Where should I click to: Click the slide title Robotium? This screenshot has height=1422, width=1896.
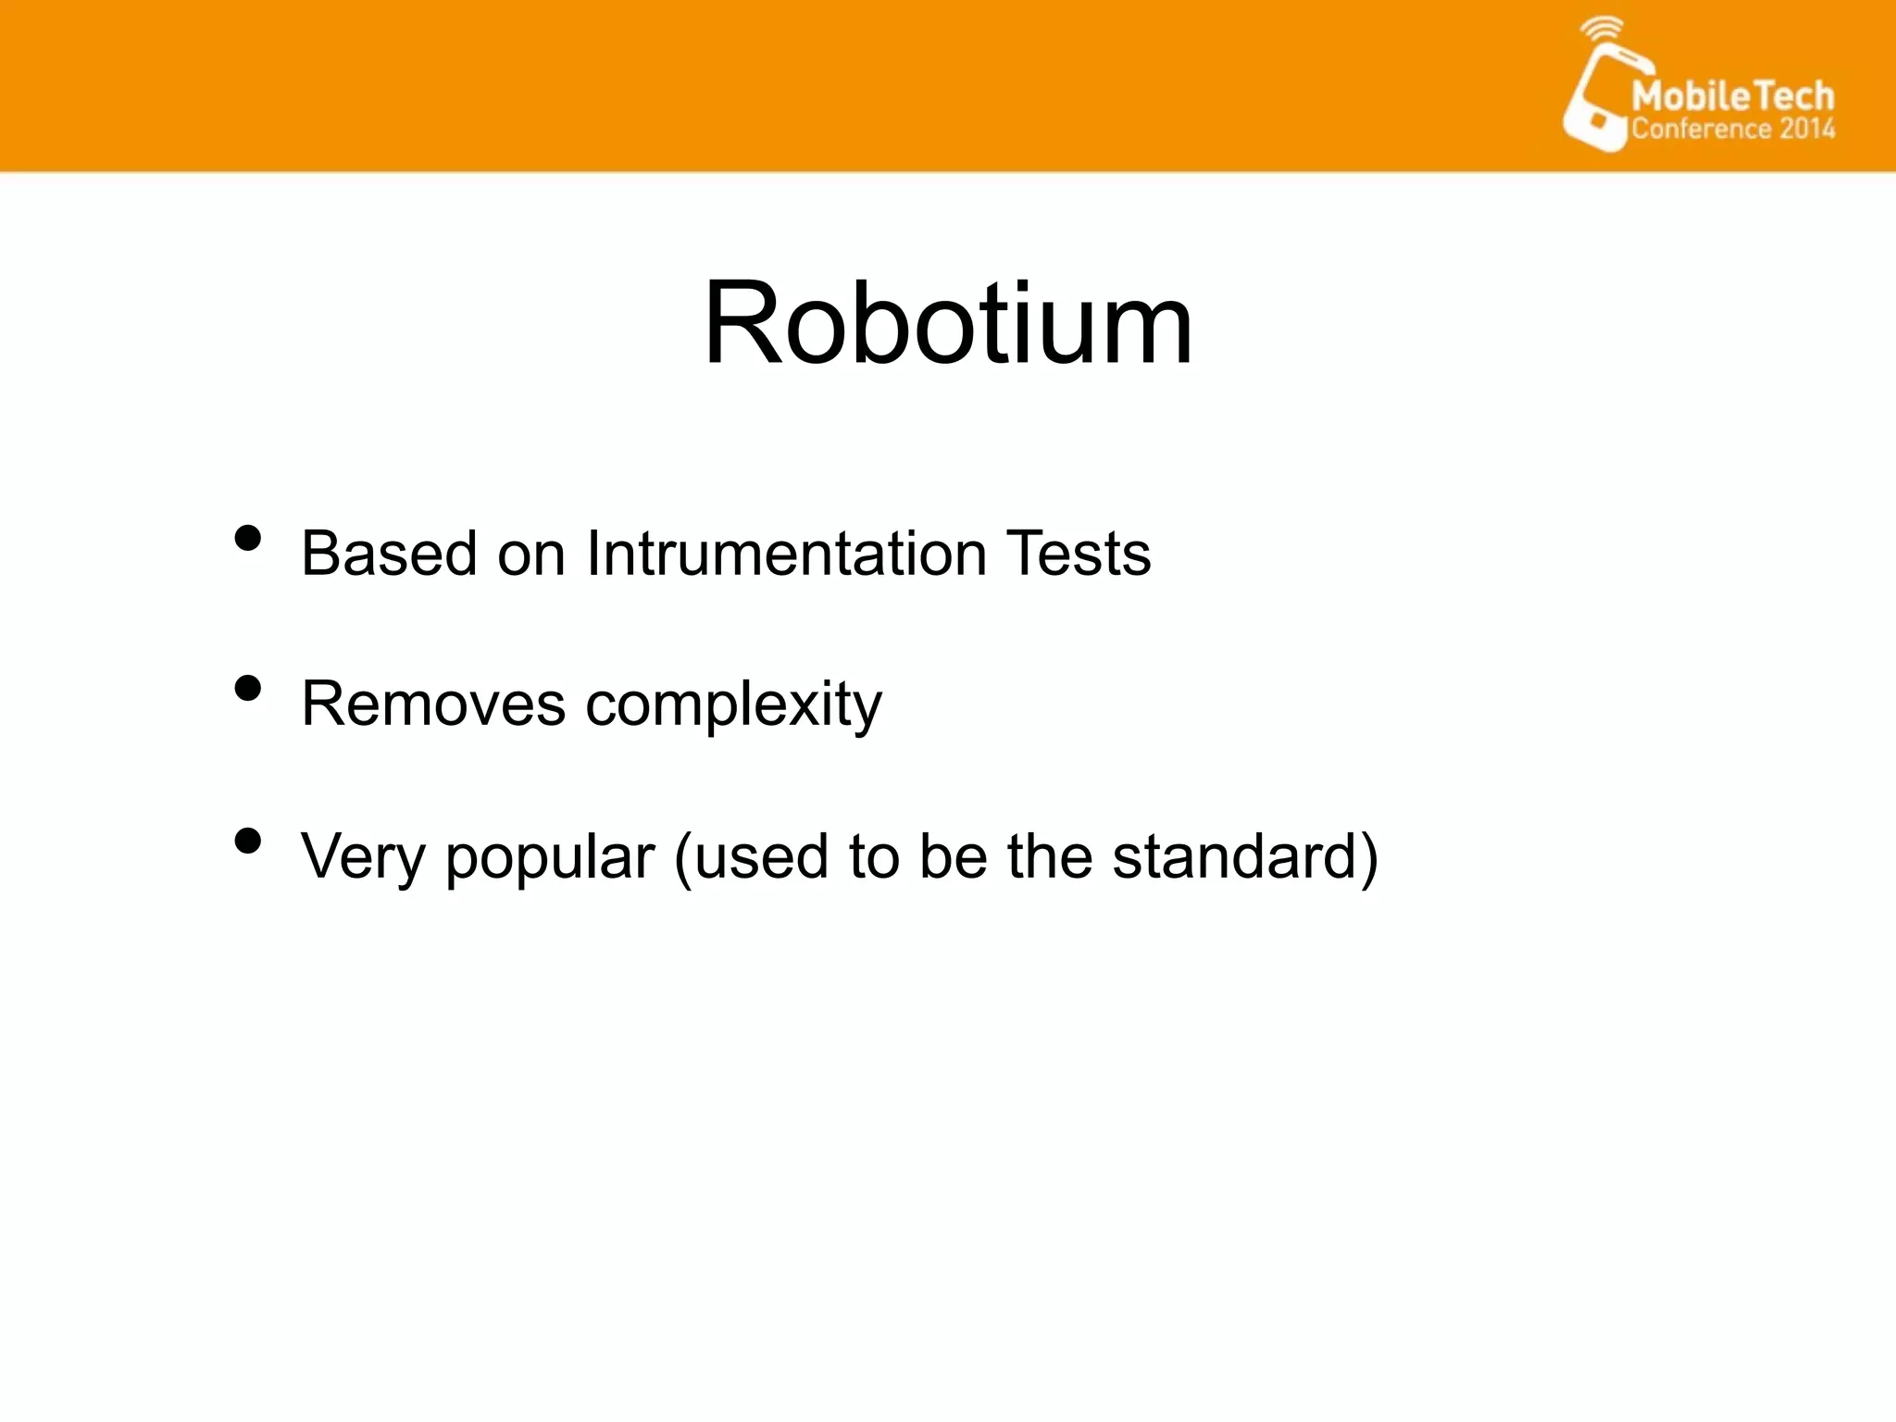[x=948, y=324]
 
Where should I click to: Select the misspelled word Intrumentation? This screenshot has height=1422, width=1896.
[x=787, y=554]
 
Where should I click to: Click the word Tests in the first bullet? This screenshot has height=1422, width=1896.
[x=1079, y=554]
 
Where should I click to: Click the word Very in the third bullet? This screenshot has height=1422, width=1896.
[x=362, y=857]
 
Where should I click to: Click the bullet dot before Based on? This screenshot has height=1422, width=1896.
[x=247, y=538]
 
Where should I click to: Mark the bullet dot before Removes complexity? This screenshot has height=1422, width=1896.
[x=247, y=689]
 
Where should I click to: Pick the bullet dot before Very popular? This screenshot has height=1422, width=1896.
[x=247, y=841]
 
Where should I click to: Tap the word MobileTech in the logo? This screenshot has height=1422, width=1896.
[x=1732, y=96]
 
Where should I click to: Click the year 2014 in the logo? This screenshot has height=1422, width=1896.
[x=1806, y=129]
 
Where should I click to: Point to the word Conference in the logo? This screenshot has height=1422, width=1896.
[x=1701, y=129]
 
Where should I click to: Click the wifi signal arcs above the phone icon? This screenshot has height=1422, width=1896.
[x=1601, y=29]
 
